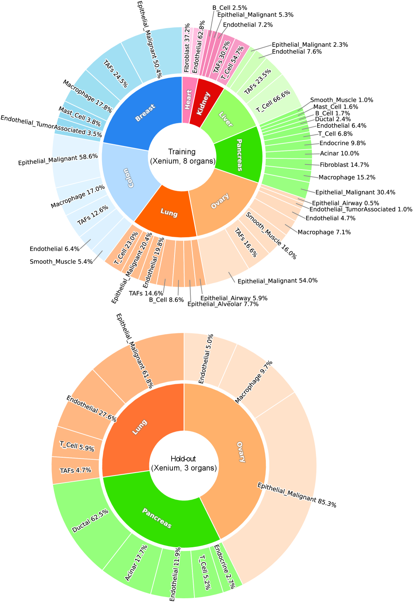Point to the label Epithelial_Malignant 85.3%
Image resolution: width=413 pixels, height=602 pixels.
click(x=296, y=495)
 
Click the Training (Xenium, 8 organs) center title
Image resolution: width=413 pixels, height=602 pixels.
click(x=182, y=157)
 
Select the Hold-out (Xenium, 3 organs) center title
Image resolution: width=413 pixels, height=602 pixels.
click(x=184, y=464)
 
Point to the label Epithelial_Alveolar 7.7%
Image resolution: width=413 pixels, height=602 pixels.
click(x=223, y=304)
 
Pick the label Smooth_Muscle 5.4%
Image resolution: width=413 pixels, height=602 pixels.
click(x=61, y=262)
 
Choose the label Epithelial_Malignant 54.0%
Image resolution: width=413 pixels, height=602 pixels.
click(x=277, y=281)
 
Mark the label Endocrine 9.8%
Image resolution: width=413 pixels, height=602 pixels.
click(x=343, y=143)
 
